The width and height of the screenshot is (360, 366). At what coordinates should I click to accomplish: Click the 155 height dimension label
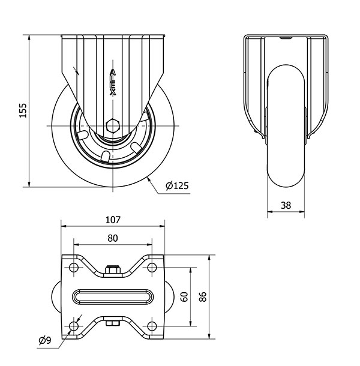(x=23, y=111)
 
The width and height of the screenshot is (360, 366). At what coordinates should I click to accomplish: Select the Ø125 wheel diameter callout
(x=176, y=186)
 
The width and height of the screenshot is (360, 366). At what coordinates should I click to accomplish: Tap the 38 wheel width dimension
(x=286, y=205)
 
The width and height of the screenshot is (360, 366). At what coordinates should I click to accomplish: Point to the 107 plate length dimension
(x=113, y=220)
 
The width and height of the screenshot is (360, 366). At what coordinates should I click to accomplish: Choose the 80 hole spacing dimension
(x=113, y=238)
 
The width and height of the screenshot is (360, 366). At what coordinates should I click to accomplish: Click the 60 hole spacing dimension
(x=184, y=297)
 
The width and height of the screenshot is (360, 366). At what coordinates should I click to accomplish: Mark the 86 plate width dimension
(x=203, y=296)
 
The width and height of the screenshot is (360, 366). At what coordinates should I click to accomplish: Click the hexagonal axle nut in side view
(x=112, y=125)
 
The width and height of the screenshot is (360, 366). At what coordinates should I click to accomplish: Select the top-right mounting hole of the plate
(x=152, y=267)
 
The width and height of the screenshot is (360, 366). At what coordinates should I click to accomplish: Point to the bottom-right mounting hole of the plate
(x=152, y=326)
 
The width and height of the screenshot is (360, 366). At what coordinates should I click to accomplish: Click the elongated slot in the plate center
(x=113, y=296)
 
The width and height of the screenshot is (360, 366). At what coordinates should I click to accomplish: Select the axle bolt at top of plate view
(x=112, y=271)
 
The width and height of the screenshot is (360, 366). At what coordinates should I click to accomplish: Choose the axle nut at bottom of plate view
(x=112, y=324)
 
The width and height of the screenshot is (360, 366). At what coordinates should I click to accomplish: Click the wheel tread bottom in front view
(x=286, y=183)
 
